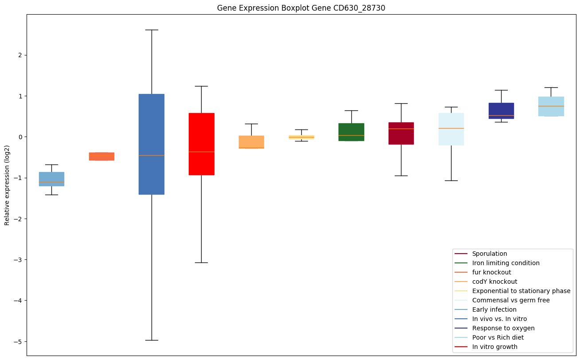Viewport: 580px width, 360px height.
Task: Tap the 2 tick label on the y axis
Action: tap(19, 55)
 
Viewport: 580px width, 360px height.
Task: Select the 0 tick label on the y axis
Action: tap(19, 137)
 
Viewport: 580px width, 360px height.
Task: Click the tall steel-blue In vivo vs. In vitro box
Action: tap(152, 144)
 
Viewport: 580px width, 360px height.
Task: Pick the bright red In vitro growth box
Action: tap(202, 144)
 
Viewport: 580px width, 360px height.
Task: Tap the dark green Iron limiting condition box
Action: tap(351, 132)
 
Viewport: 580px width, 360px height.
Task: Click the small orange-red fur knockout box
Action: tap(101, 157)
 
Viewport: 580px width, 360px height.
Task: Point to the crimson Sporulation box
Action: tap(401, 133)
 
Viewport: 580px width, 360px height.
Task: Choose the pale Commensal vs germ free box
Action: tap(451, 129)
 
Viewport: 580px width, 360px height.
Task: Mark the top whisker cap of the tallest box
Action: tap(152, 30)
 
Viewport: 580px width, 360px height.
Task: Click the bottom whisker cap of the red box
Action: tap(202, 262)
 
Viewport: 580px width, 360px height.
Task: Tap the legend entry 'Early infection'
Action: tap(494, 309)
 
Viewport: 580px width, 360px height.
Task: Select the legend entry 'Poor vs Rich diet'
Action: tap(498, 337)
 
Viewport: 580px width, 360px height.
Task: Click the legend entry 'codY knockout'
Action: tap(494, 282)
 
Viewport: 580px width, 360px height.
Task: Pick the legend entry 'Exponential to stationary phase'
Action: tap(521, 291)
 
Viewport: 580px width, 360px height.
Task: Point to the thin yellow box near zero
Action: tap(301, 137)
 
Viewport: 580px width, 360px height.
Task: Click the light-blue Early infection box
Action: tap(51, 179)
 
